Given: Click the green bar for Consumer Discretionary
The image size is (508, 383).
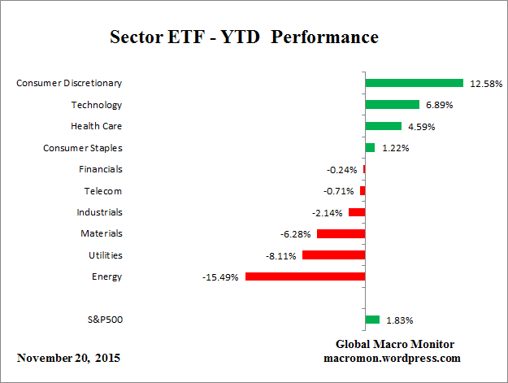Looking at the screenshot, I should pyautogui.click(x=414, y=83).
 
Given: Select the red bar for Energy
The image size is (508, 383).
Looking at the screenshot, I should pyautogui.click(x=305, y=276).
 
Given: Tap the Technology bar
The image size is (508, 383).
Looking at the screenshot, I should pyautogui.click(x=392, y=105).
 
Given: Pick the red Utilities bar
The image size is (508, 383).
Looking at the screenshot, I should pyautogui.click(x=333, y=255).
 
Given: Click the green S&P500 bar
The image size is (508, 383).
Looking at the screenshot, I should pyautogui.click(x=372, y=320).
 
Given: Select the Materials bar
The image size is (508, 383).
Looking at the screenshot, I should pyautogui.click(x=341, y=233).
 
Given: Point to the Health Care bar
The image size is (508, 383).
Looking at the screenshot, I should pyautogui.click(x=384, y=126).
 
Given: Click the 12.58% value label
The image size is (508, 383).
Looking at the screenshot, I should pyautogui.click(x=484, y=84).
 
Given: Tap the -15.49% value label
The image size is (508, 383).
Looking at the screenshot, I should pyautogui.click(x=220, y=277).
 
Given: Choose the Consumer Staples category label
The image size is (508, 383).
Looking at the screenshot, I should pyautogui.click(x=82, y=148).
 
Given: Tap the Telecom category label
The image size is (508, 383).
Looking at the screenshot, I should pyautogui.click(x=103, y=191).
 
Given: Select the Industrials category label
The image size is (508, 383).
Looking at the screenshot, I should pyautogui.click(x=101, y=212).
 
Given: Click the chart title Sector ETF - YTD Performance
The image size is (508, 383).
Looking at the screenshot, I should pyautogui.click(x=244, y=38).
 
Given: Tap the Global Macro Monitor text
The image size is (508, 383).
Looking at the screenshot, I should pyautogui.click(x=395, y=344).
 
